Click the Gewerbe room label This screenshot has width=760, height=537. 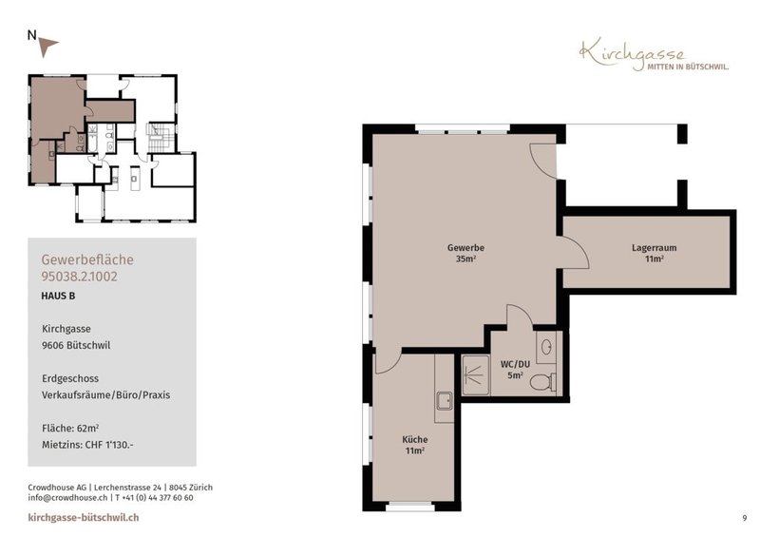(x=465, y=247)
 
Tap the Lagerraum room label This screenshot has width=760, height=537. (x=654, y=247)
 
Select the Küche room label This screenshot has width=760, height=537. (x=415, y=439)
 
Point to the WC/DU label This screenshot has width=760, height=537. (x=515, y=364)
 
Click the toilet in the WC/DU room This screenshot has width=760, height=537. (x=543, y=382)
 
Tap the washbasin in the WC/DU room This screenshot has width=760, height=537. (x=547, y=347)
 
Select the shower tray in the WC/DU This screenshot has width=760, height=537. (x=476, y=375)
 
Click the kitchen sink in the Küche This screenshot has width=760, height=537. (x=444, y=401)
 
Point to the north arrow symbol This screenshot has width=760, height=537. (x=47, y=46)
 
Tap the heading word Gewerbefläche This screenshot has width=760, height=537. (x=87, y=259)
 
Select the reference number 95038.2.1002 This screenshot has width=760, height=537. (x=79, y=277)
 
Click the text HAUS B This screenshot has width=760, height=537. (x=58, y=296)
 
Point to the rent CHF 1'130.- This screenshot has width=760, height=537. (x=108, y=445)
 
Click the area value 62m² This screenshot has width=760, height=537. (x=87, y=428)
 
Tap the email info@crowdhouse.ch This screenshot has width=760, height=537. (x=67, y=498)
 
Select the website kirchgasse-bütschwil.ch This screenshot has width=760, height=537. (x=84, y=518)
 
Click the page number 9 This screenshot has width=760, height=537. (x=745, y=518)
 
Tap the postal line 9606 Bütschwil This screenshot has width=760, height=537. (x=76, y=345)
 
